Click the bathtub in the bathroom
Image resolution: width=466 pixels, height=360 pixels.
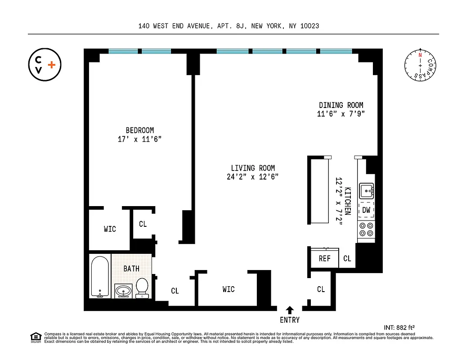point(99,277)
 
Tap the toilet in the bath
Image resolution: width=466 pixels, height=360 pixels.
point(142,288)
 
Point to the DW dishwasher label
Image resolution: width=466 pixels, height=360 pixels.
point(366,210)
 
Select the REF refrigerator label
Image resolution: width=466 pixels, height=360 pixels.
point(325,258)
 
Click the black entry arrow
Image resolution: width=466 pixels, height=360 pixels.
point(290,310)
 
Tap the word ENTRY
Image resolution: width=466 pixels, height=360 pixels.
point(290,320)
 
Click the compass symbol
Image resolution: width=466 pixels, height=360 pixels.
point(421,65)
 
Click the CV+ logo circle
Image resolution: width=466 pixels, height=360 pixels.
point(45,65)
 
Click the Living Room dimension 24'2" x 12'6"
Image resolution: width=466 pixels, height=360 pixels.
point(252,177)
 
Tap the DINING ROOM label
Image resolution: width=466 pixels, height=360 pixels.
point(341,105)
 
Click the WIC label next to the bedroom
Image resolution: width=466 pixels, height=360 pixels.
point(110,229)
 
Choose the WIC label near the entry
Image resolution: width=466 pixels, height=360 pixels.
point(229,289)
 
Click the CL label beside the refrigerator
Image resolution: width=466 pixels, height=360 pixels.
point(347,258)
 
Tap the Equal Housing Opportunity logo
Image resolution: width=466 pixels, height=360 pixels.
point(35,337)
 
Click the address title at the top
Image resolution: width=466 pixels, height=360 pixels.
point(229,26)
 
